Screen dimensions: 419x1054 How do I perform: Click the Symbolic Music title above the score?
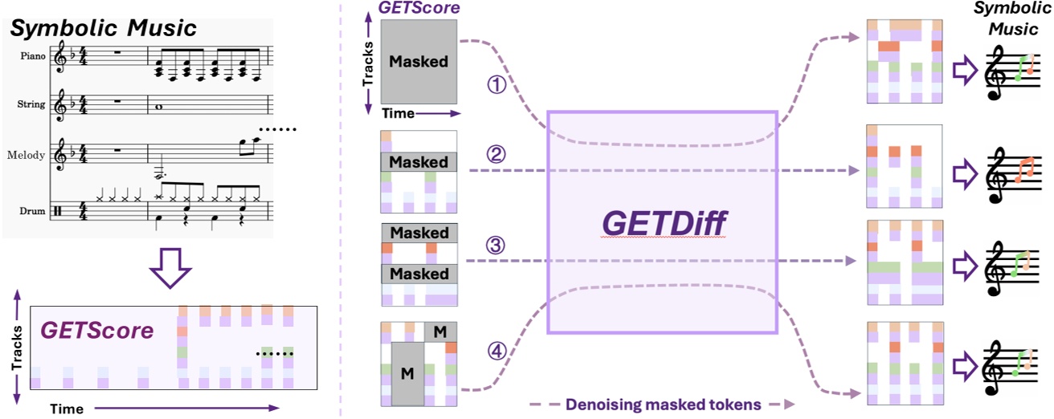[103, 29]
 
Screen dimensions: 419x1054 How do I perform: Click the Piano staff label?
[33, 57]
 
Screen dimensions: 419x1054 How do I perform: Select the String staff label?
[33, 104]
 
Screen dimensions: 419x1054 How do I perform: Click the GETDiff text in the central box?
[660, 222]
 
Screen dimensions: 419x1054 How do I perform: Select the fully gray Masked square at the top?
[419, 61]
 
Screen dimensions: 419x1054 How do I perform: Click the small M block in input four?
[440, 330]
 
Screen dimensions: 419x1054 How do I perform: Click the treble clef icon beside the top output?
[996, 74]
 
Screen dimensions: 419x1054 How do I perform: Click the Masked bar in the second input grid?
[419, 161]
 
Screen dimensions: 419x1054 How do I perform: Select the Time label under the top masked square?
[399, 114]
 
